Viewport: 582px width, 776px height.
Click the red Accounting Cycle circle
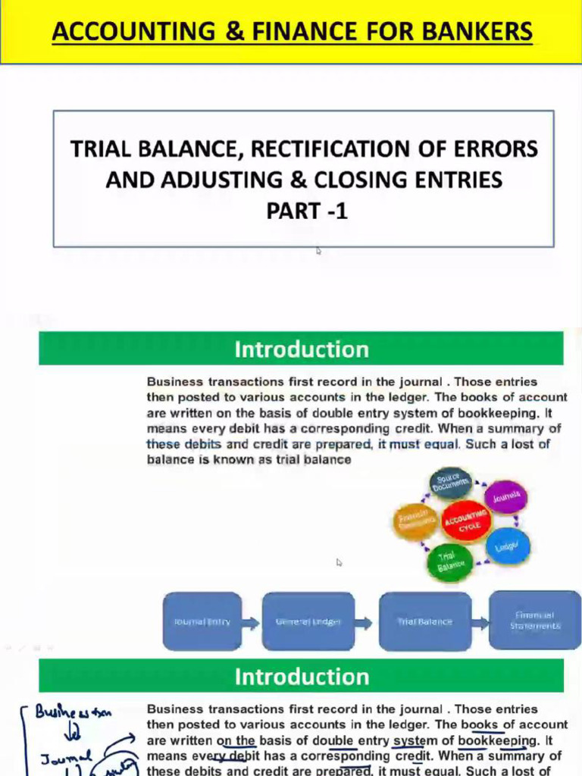466,521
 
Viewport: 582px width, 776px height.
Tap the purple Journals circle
505,498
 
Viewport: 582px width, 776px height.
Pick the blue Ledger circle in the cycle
507,546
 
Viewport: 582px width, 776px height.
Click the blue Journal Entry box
202,621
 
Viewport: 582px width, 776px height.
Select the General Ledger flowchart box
308,621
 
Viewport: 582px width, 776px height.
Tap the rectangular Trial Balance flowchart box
424,621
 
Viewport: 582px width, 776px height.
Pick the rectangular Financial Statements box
534,621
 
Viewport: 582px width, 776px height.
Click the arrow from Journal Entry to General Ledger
252,622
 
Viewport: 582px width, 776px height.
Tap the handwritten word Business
61,713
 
